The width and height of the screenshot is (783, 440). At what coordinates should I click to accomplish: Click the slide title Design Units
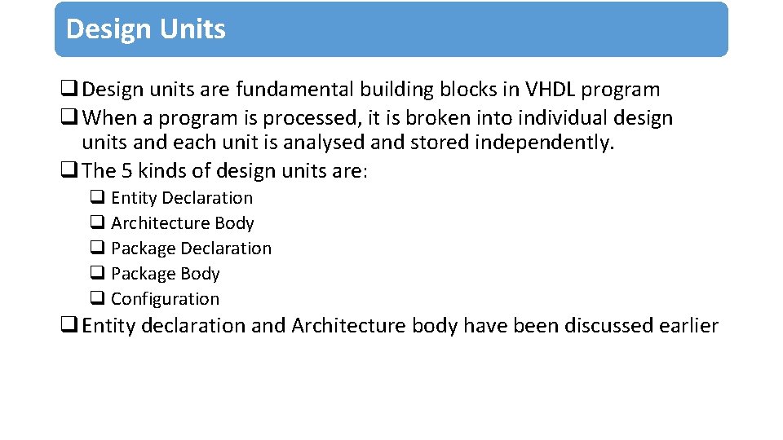tap(145, 29)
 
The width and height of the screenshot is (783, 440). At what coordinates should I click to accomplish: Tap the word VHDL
tap(549, 90)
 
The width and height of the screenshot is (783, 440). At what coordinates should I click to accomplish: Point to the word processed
tap(307, 118)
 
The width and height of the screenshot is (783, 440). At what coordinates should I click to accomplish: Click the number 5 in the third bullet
tap(126, 170)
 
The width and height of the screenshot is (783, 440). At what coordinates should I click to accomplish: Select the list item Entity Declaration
tap(181, 198)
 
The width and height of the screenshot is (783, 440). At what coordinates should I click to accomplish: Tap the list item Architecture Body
tap(182, 223)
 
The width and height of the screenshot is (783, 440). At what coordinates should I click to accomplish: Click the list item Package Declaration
tap(191, 249)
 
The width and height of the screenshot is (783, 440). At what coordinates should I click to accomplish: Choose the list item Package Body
tap(165, 274)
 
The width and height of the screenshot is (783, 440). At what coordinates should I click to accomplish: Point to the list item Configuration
tap(165, 299)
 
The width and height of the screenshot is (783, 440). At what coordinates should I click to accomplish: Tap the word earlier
tap(688, 326)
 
